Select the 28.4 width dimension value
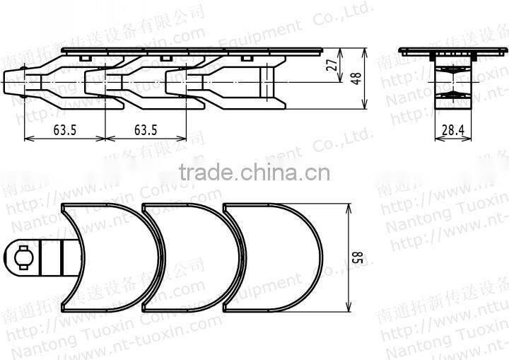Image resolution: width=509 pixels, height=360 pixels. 453,131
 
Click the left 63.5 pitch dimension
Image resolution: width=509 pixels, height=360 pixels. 65,130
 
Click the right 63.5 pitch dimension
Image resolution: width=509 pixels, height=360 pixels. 145,130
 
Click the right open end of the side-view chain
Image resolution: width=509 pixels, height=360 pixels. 283,86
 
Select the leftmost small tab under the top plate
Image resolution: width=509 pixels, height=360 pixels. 84,57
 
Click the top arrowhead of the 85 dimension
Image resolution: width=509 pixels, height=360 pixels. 349,207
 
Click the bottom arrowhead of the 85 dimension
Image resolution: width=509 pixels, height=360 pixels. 349,309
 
